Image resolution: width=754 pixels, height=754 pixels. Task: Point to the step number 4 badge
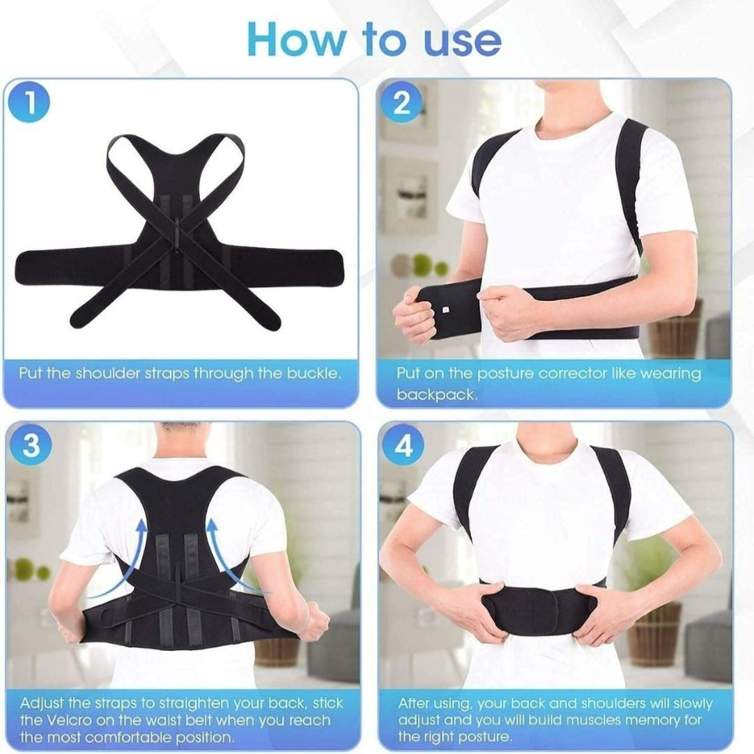click(403, 447)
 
